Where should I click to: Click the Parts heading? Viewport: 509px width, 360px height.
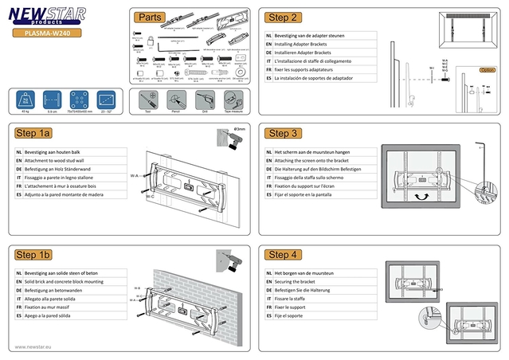point(149,17)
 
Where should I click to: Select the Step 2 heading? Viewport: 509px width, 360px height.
point(283,17)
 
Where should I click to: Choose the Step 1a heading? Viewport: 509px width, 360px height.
point(33,133)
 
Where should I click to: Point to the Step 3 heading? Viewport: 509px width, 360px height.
point(283,133)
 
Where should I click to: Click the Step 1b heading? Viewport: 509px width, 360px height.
point(33,254)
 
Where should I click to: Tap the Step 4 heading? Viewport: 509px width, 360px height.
point(283,254)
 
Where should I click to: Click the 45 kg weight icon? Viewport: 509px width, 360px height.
point(26,100)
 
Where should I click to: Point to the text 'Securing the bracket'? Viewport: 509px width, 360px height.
point(297,283)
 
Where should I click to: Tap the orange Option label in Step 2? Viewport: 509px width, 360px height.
point(487,70)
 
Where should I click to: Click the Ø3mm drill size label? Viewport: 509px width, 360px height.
point(240,127)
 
